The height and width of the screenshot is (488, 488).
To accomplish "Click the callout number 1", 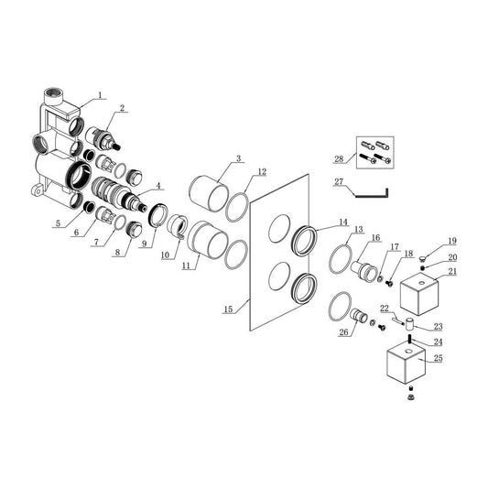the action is pyautogui.click(x=100, y=95).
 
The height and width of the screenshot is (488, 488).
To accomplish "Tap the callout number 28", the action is pyautogui.click(x=339, y=159).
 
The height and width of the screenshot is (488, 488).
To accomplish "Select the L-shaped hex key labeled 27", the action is pyautogui.click(x=373, y=193).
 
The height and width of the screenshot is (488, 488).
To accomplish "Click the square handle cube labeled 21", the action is pyautogui.click(x=419, y=294).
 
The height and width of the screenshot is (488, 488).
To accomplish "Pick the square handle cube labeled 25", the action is pyautogui.click(x=406, y=365).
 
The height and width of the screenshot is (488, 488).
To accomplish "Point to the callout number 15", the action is pyautogui.click(x=228, y=309).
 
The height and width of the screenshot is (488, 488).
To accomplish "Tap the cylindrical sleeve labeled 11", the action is pyautogui.click(x=208, y=240).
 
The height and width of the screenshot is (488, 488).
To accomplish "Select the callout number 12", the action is pyautogui.click(x=262, y=171).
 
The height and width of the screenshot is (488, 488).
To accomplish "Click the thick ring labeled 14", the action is pyautogui.click(x=305, y=241).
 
